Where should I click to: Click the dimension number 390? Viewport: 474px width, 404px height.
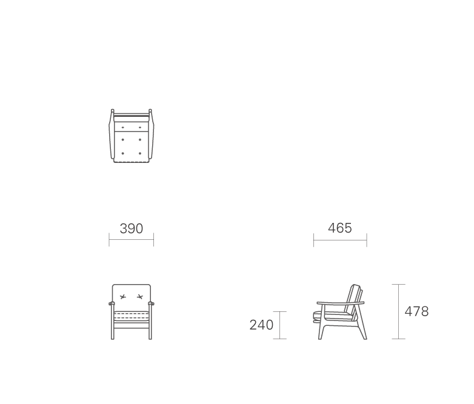(x=131, y=229)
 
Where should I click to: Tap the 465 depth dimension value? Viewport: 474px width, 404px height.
(x=340, y=228)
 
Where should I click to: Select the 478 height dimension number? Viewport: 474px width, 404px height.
(x=416, y=311)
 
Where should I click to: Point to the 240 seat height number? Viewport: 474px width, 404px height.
(x=261, y=325)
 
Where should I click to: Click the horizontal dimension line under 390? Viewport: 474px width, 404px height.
(x=131, y=240)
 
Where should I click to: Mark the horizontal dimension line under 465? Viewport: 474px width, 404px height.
(x=340, y=240)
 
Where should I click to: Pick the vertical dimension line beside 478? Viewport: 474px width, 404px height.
(x=398, y=311)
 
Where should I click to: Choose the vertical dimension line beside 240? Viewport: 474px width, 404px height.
(x=279, y=325)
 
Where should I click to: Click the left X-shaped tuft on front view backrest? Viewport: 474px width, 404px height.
(x=122, y=297)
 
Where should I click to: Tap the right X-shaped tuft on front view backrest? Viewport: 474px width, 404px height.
(x=140, y=297)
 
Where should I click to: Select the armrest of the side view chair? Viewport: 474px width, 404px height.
(x=341, y=303)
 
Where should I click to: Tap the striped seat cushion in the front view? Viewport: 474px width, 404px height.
(x=131, y=316)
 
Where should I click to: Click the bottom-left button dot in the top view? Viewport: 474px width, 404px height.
(x=122, y=153)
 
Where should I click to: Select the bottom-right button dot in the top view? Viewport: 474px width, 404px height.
(x=140, y=153)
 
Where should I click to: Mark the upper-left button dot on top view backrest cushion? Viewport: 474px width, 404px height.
(x=122, y=128)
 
